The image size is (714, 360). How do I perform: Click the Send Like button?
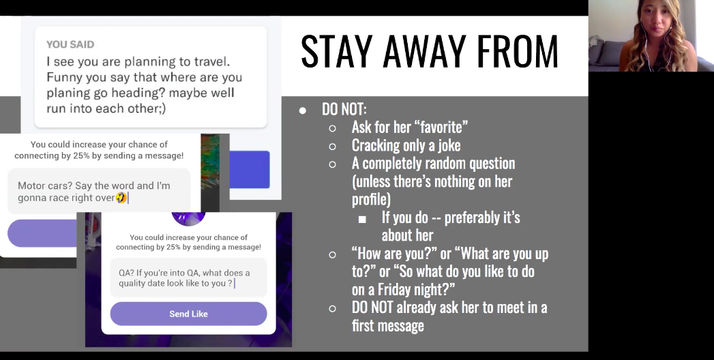(188, 314)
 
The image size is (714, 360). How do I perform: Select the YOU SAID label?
(70, 44)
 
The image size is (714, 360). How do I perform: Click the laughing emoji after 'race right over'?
(121, 198)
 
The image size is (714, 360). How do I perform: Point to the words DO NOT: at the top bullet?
(344, 109)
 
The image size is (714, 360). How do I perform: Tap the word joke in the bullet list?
(449, 145)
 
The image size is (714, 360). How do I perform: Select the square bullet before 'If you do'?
(363, 220)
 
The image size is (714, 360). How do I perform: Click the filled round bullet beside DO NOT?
(302, 110)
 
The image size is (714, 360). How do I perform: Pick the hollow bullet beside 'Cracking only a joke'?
(332, 147)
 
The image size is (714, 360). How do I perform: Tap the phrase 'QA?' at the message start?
(126, 273)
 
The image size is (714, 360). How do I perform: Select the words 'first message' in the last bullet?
(388, 325)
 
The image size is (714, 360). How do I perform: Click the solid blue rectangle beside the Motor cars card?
(250, 169)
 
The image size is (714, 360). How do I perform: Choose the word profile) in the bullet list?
(371, 199)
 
